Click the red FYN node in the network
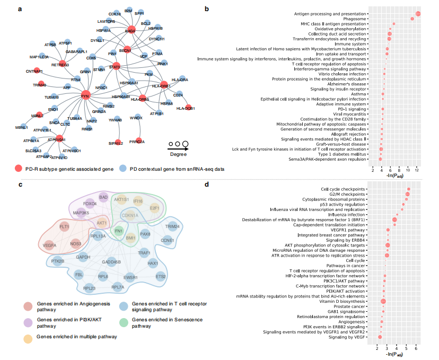click(86, 95)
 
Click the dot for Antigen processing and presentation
click(418, 14)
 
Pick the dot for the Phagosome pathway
click(412, 19)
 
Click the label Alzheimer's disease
click(345, 84)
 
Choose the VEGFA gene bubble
click(50, 245)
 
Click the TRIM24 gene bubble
click(172, 226)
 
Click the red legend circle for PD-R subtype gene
click(19, 169)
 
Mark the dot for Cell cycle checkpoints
click(408, 189)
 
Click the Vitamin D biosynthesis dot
click(383, 301)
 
